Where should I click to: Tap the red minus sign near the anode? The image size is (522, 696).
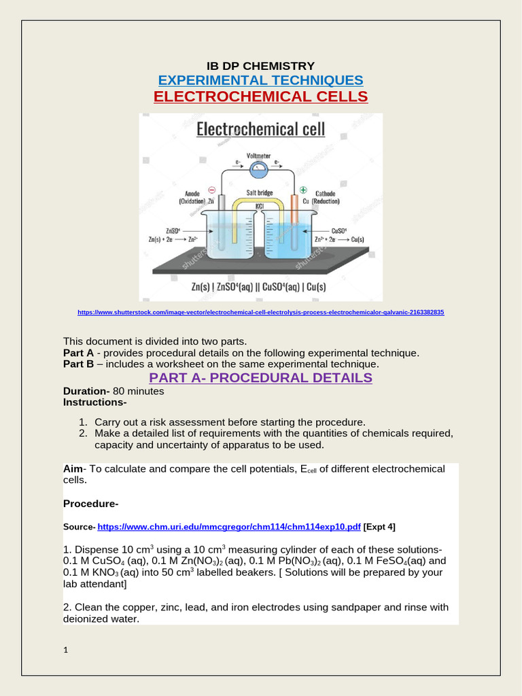click(x=211, y=190)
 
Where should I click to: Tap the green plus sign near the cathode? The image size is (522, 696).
click(x=303, y=190)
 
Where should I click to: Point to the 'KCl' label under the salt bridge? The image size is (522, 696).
click(x=260, y=205)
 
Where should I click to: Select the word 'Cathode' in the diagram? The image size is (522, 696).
click(x=325, y=193)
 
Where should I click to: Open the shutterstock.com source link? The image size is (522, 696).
click(x=260, y=312)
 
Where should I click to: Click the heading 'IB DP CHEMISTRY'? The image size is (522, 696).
click(x=260, y=66)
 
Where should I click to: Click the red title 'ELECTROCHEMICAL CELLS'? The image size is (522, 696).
click(x=260, y=97)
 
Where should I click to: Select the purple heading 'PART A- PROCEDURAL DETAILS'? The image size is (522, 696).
click(x=260, y=378)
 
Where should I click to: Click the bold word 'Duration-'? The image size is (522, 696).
click(x=86, y=391)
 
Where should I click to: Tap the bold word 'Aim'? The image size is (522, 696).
click(x=72, y=469)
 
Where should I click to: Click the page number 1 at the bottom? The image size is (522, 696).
click(x=65, y=650)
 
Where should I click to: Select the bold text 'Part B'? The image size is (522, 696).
click(x=78, y=364)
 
